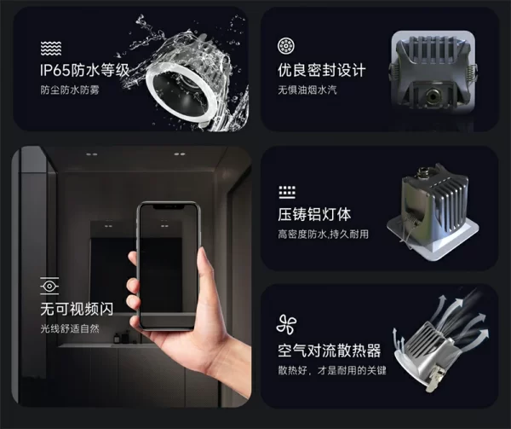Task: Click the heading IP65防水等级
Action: tap(84, 70)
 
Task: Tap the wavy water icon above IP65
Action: tap(51, 49)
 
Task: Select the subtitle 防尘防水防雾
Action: tap(70, 90)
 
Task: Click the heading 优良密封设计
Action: tap(322, 70)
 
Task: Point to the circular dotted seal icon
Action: tap(286, 46)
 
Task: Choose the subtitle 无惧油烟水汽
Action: tap(307, 90)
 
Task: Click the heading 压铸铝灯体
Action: tap(314, 214)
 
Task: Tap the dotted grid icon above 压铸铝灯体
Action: tap(287, 193)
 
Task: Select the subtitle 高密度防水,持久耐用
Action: tap(323, 234)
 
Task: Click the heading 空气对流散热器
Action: tap(329, 351)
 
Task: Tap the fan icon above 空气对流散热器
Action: tap(286, 325)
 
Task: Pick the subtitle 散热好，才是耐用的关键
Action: tap(332, 370)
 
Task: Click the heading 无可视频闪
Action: tap(77, 309)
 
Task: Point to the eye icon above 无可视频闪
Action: tap(49, 286)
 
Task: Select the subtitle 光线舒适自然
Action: tap(70, 328)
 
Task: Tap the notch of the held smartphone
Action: tap(168, 207)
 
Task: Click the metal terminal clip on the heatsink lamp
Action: tap(434, 378)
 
